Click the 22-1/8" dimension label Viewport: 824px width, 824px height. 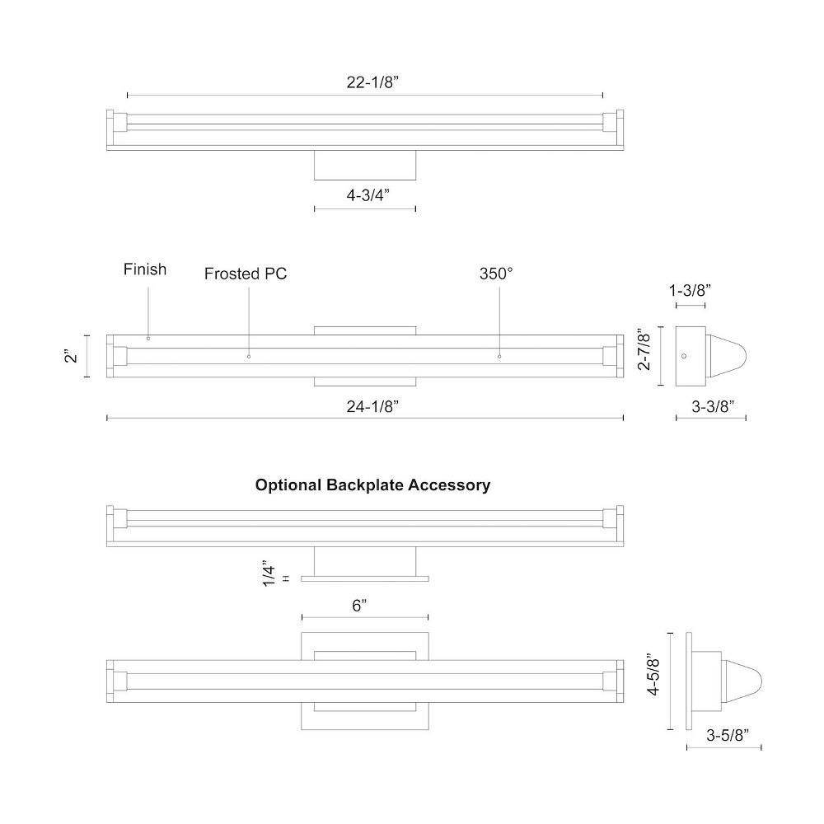point(372,82)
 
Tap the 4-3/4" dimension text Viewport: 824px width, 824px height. point(368,195)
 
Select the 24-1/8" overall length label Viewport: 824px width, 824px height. point(372,406)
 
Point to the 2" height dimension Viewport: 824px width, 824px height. point(72,356)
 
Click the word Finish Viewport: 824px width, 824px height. point(145,269)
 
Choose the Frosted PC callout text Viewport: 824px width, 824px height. point(246,274)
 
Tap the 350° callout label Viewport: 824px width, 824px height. point(496,274)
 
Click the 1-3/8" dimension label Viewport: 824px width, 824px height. point(690,290)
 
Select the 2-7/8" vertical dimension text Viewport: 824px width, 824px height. point(644,349)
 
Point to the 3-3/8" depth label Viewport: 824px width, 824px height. point(713,406)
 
